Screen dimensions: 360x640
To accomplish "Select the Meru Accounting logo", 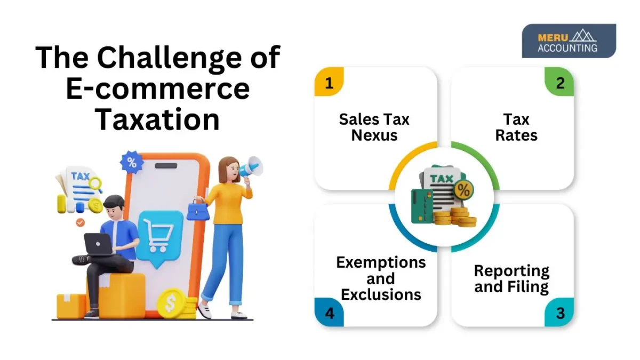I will tap(569, 41).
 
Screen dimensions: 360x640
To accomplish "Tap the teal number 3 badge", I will tap(560, 313).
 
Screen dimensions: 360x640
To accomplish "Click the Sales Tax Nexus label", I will tap(374, 127).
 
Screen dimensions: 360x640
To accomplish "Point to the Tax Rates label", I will tap(516, 127).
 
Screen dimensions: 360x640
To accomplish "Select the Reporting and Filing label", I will tap(511, 278).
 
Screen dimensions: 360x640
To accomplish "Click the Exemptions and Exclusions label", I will tap(381, 278).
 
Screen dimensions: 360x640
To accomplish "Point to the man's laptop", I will tap(98, 244).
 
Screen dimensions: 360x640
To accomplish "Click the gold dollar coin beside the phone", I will tap(171, 303).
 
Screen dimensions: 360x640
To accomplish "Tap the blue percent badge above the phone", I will tap(131, 163).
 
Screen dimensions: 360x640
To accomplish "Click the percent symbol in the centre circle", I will tap(463, 189).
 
